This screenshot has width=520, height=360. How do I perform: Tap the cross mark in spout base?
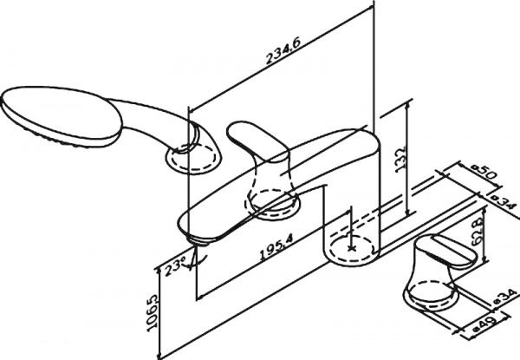(351, 246)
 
